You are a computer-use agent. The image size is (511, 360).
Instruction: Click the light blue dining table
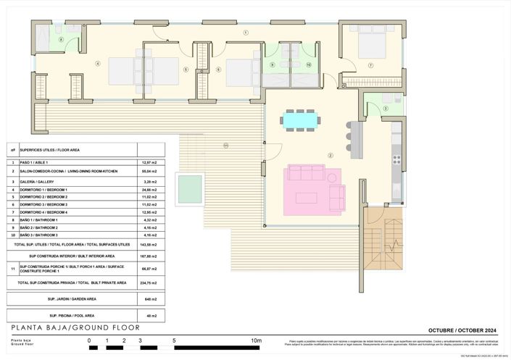[x=299, y=118]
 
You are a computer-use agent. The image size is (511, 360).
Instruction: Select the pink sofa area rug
[x=313, y=187]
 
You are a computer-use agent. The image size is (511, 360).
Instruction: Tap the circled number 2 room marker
[x=330, y=155]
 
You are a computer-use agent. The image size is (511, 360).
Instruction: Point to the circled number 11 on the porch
[x=225, y=146]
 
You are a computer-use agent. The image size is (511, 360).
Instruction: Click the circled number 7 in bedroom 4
[x=370, y=65]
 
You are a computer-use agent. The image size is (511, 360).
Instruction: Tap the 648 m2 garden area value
[x=151, y=298]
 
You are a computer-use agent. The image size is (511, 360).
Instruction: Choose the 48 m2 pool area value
[x=151, y=316]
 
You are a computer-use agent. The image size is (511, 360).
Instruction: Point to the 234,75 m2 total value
[x=151, y=282]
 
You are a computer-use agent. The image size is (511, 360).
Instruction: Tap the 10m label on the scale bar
[x=255, y=340]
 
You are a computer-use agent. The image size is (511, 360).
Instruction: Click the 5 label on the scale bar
[x=174, y=340]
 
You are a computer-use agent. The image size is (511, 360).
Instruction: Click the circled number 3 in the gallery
[x=386, y=109]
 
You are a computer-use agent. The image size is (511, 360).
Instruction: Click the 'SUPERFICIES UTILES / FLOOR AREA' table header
[x=50, y=150]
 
